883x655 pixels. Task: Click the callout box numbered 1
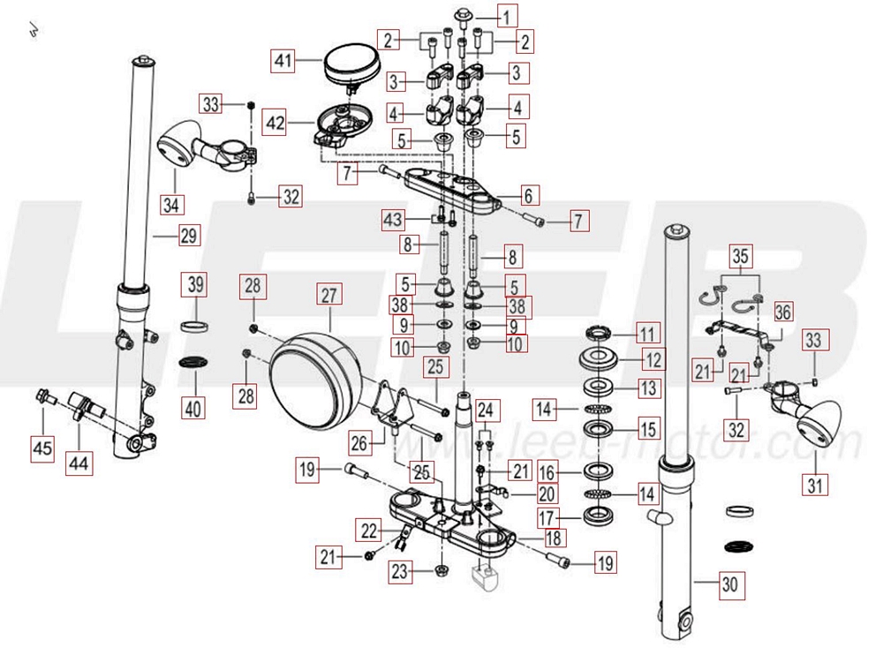coord(507,15)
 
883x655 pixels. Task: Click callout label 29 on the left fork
coord(189,235)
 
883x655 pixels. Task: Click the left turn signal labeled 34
coord(179,142)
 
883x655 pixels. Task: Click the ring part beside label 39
coord(195,326)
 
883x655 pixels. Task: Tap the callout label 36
coord(783,311)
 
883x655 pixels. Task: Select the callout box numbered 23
coord(401,571)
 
